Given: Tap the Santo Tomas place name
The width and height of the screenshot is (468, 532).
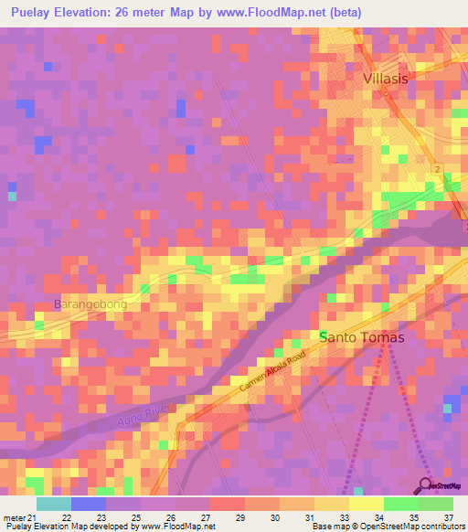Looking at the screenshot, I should click(361, 337).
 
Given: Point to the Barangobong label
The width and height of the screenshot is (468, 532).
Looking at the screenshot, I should click(90, 304).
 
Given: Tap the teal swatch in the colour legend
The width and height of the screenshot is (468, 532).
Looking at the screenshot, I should click(54, 503).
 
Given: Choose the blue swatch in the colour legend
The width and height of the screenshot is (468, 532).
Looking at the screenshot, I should click(89, 503).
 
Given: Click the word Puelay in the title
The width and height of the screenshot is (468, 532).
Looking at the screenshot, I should click(32, 13).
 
